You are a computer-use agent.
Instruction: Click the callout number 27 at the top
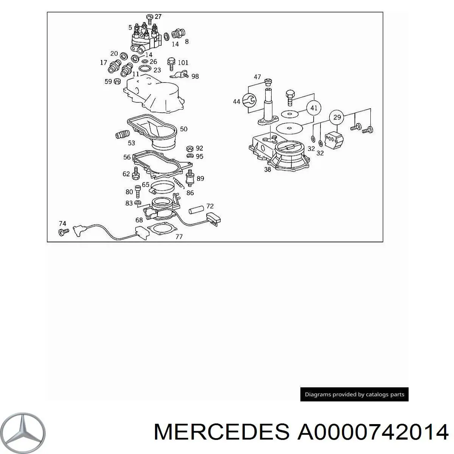tap(158, 17)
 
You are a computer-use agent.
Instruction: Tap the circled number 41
tap(314, 108)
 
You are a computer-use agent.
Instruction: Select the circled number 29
tap(337, 117)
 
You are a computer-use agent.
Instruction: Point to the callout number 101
tap(183, 62)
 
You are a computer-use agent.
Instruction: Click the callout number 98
tap(195, 76)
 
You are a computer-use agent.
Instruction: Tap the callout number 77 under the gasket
tap(179, 237)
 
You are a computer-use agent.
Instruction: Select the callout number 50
tap(183, 129)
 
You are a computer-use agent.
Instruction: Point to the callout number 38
tap(267, 169)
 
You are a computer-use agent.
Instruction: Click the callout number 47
tap(258, 77)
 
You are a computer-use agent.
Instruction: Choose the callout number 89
tap(200, 179)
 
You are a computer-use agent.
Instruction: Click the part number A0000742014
tap(373, 432)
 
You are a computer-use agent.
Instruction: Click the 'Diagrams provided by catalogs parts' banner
tap(354, 394)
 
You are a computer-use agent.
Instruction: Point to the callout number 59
tap(108, 81)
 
